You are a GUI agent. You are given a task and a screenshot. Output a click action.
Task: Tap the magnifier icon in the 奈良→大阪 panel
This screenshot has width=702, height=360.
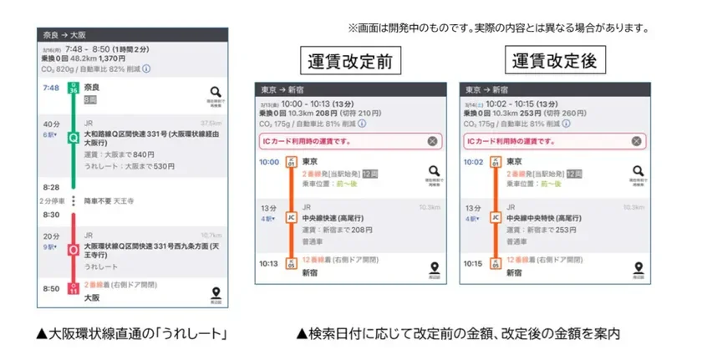[x=216, y=93]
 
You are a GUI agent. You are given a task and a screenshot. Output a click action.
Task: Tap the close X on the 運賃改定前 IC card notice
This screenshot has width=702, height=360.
[x=432, y=141]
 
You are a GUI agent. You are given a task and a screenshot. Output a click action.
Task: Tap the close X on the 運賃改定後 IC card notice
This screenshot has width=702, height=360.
[x=638, y=141]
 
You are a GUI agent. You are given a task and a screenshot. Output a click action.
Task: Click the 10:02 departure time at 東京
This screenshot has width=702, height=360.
[x=474, y=162]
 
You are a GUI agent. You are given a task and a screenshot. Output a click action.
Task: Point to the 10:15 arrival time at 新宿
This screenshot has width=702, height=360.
[x=474, y=264]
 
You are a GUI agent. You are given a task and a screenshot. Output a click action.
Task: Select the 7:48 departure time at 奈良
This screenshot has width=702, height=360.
[x=50, y=88]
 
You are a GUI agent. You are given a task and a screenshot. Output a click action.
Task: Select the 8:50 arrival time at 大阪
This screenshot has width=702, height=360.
[x=50, y=288]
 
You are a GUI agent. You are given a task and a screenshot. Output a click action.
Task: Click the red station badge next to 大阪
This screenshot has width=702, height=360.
[x=74, y=289]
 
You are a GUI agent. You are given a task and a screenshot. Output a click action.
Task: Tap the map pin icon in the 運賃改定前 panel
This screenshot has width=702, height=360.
[x=434, y=269]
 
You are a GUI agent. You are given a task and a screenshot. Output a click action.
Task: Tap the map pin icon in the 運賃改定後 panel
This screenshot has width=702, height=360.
[x=639, y=269]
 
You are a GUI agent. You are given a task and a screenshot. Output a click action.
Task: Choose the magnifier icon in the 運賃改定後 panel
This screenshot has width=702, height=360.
[x=639, y=171]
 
